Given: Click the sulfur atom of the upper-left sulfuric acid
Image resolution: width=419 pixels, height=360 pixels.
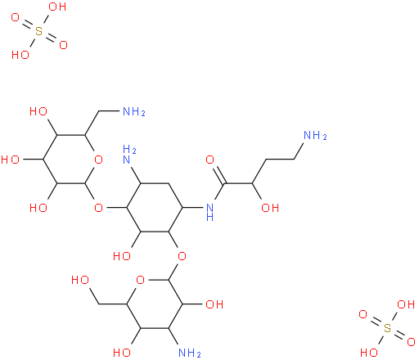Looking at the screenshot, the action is coord(39,31).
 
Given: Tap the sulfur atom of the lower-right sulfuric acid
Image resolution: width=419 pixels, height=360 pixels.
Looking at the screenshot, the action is coord(387,328).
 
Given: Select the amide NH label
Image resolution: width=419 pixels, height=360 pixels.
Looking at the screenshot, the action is coord(209,212).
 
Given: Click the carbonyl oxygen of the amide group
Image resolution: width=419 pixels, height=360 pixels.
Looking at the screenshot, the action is coord(209,160).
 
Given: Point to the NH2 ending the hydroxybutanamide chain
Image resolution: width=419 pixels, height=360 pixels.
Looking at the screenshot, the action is coord(315,136).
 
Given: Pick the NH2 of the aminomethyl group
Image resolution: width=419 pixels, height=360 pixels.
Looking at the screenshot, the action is coord(134,111).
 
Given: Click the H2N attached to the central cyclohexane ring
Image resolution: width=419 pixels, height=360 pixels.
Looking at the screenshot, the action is coord(129,155).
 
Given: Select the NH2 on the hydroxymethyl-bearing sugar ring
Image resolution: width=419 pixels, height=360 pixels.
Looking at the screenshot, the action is coord(190,353).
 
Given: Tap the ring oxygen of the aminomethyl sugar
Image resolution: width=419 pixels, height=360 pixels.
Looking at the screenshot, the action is coord(98,160).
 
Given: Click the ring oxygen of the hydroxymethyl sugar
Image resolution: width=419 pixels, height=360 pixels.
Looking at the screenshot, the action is coord(140,280).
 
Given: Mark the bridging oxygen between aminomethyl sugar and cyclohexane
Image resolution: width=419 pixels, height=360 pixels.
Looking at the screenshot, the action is coord(98,208).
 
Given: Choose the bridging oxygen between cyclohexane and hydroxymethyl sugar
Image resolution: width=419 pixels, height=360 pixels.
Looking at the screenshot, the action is coord(182,256).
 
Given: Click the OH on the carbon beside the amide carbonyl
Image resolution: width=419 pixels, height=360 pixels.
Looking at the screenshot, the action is coord(270,208).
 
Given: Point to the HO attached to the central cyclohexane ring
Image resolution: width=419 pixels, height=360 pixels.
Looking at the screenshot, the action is coord(122,256).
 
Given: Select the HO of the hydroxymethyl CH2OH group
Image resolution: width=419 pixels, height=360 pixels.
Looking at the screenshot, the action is coord(80,280).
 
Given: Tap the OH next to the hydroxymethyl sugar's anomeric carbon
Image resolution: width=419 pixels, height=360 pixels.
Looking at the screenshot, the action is coord(214,304).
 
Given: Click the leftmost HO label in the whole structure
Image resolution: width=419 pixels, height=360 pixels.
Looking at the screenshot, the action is coord(10,160).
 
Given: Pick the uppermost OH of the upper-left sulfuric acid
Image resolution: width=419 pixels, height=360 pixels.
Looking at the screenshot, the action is coord(57,7).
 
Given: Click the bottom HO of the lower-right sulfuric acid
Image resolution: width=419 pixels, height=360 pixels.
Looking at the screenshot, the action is coord(369,353).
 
